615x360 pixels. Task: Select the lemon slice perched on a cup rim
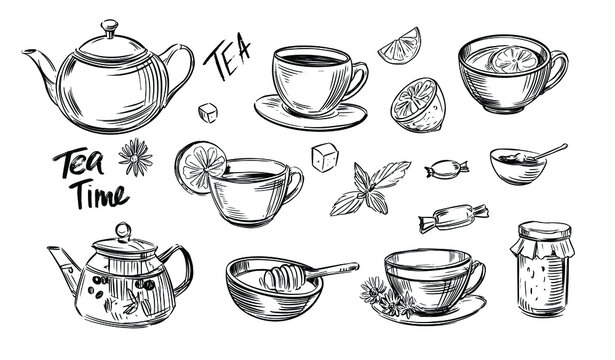click(206, 167)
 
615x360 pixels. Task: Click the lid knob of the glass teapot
click(122, 233)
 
